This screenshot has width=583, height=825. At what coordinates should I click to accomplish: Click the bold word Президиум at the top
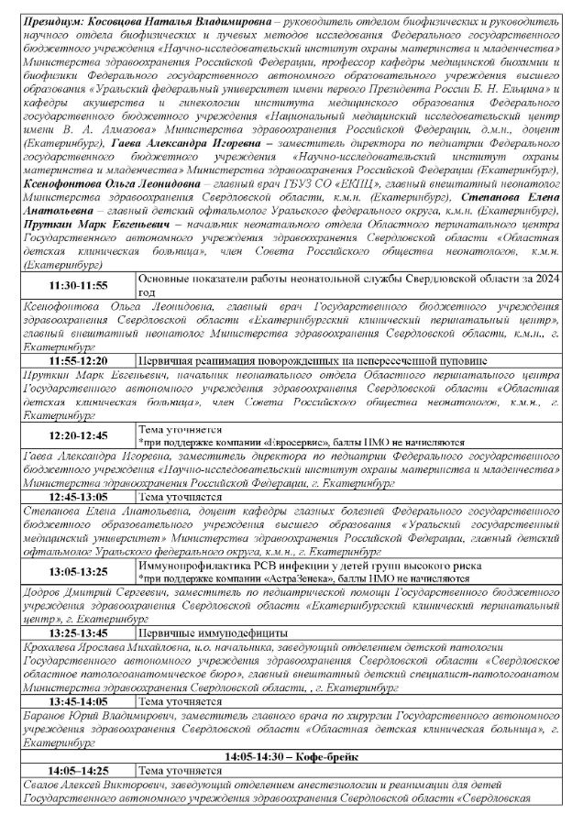[57, 18]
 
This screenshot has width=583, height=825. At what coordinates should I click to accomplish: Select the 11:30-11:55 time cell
[78, 285]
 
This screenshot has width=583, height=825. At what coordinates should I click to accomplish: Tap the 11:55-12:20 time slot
[78, 360]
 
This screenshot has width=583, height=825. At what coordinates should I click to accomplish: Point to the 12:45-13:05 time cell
[78, 496]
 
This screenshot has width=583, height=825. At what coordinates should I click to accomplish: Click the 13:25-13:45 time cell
[78, 633]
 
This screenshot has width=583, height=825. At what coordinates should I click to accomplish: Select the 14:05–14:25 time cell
[78, 770]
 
